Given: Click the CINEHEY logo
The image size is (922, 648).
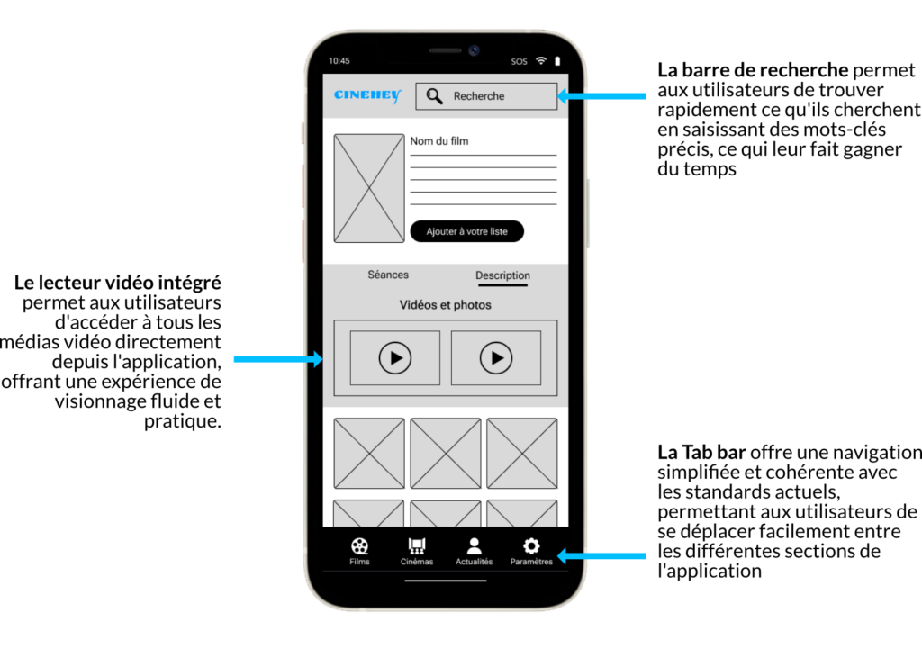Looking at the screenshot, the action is (x=367, y=95).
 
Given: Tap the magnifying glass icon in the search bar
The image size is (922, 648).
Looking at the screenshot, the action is (x=435, y=96).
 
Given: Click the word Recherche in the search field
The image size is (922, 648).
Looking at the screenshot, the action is (x=479, y=96).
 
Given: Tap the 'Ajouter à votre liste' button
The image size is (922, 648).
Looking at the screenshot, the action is (x=467, y=231).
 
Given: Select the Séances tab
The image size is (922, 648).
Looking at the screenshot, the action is (x=388, y=274).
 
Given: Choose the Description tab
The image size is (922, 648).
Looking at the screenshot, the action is (x=502, y=275).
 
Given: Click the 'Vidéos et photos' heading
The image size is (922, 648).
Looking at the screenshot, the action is (x=445, y=304).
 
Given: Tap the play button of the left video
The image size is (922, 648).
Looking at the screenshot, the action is (x=395, y=358).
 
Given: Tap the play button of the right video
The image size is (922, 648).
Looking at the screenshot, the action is (x=496, y=358).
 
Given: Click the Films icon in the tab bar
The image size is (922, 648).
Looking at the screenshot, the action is (x=360, y=546).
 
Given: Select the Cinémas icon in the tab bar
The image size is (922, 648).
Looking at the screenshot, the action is (x=417, y=546).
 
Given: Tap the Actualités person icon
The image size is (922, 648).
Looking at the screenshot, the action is (x=474, y=546).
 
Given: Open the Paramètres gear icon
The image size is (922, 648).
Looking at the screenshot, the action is (x=531, y=546).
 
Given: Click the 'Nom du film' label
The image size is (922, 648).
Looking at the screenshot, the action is (x=439, y=141).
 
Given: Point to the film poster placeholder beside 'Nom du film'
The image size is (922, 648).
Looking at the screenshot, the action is (x=369, y=188).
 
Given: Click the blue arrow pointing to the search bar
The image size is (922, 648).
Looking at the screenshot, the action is (x=601, y=95).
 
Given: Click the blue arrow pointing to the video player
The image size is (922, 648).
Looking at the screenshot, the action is (x=278, y=359).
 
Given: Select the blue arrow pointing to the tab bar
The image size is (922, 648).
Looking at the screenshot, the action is (x=601, y=555).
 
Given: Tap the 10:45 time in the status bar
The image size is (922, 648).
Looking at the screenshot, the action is (x=339, y=60).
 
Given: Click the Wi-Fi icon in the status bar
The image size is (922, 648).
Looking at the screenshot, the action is (x=541, y=60).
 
